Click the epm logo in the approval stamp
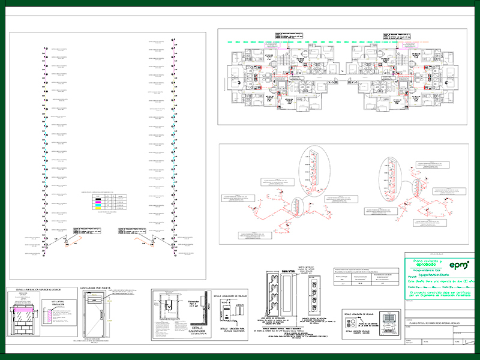[x=460, y=264]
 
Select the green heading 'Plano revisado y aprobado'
[x=427, y=263]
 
